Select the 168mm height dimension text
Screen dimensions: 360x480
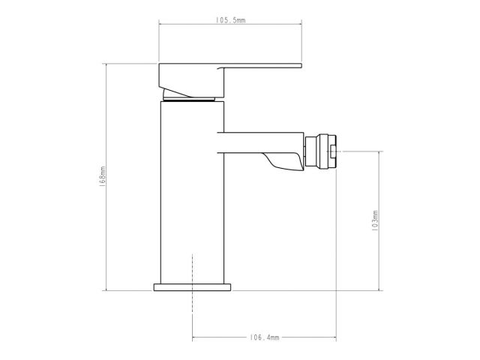pyautogui.click(x=103, y=177)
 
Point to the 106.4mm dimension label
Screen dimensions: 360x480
pyautogui.click(x=265, y=339)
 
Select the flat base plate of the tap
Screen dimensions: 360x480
pyautogui.click(x=193, y=286)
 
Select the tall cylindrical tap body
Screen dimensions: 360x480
pyautogui.click(x=193, y=195)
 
